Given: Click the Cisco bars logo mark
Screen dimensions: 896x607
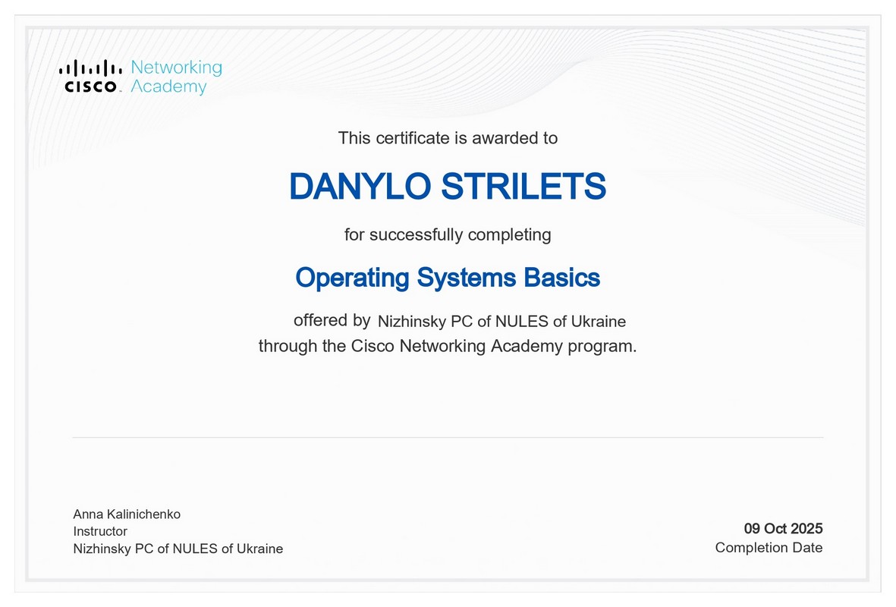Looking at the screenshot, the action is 90,68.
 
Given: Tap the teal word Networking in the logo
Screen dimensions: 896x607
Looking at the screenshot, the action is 177,68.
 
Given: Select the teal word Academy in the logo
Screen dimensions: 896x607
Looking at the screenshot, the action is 168,87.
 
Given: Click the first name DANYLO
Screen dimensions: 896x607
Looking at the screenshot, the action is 360,187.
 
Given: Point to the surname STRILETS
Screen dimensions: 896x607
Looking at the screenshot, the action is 523,187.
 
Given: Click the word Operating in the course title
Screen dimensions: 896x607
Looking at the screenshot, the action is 353,278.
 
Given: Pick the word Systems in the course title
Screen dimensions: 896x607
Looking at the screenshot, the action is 467,278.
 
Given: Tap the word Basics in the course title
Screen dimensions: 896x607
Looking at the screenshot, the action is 561,278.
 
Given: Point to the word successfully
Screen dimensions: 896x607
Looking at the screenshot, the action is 416,235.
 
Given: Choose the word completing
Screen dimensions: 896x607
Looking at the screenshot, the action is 510,235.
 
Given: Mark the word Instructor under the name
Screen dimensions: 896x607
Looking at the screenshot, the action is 100,531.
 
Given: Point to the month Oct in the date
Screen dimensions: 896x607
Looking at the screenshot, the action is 775,528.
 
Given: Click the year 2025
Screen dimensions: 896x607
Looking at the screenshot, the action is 807,528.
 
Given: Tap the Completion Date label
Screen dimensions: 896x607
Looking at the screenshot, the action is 769,548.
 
